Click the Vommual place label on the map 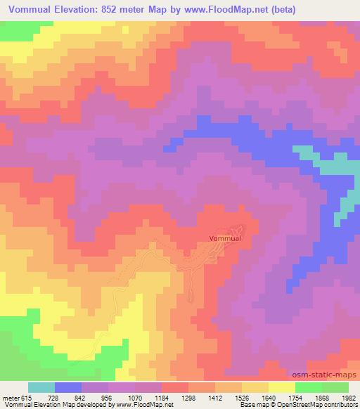pyautogui.click(x=226, y=238)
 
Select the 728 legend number pyautogui.click(x=55, y=397)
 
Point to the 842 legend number pyautogui.click(x=82, y=397)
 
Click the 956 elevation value pyautogui.click(x=108, y=397)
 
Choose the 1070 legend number pyautogui.click(x=135, y=397)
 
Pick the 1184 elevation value pyautogui.click(x=162, y=397)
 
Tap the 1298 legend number pyautogui.click(x=188, y=397)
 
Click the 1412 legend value pyautogui.click(x=215, y=397)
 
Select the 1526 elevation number pyautogui.click(x=242, y=397)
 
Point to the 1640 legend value pyautogui.click(x=269, y=397)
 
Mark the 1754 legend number pyautogui.click(x=295, y=397)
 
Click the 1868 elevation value pyautogui.click(x=322, y=397)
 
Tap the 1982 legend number pyautogui.click(x=347, y=397)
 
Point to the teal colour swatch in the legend pyautogui.click(x=41, y=387)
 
